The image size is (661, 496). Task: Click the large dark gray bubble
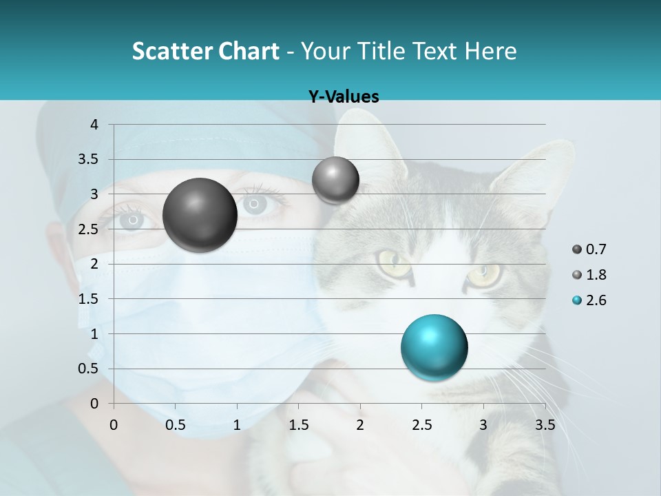click(200, 215)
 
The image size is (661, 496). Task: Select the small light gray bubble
click(335, 180)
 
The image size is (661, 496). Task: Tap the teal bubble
click(434, 347)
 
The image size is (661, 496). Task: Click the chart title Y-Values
click(343, 97)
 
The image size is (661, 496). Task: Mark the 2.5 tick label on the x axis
click(421, 425)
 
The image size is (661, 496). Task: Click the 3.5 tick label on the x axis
click(545, 425)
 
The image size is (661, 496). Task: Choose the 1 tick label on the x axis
click(237, 425)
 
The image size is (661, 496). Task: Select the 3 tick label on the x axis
click(483, 425)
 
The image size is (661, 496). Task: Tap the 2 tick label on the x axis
click(360, 425)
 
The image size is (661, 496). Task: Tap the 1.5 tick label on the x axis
click(298, 425)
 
